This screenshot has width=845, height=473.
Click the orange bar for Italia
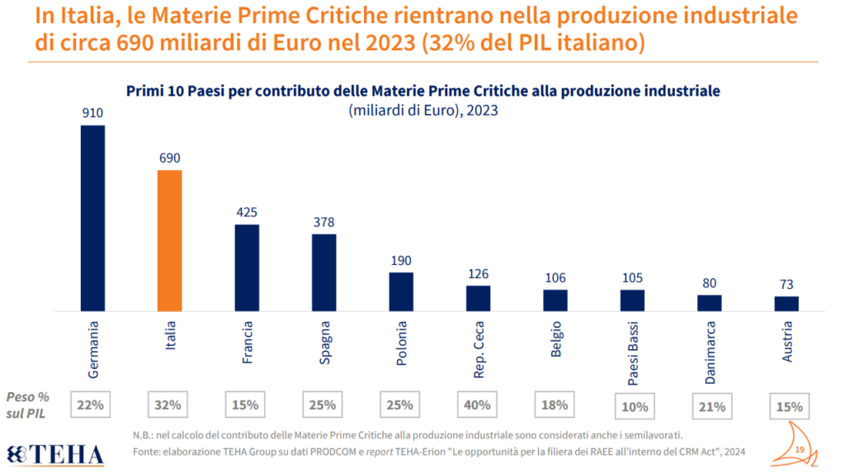click(170, 240)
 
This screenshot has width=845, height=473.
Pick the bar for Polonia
click(401, 291)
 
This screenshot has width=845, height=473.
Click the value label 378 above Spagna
click(324, 222)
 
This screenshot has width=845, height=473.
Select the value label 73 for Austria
click(786, 284)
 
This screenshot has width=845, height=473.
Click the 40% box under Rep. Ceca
click(478, 405)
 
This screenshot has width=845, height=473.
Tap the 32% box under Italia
click(169, 405)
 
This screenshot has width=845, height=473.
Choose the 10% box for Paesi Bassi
click(632, 405)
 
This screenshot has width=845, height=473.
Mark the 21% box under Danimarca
click(710, 405)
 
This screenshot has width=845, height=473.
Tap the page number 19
click(800, 448)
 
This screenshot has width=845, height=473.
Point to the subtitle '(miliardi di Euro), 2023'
click(422, 110)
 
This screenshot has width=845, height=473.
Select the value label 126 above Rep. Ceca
click(479, 273)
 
